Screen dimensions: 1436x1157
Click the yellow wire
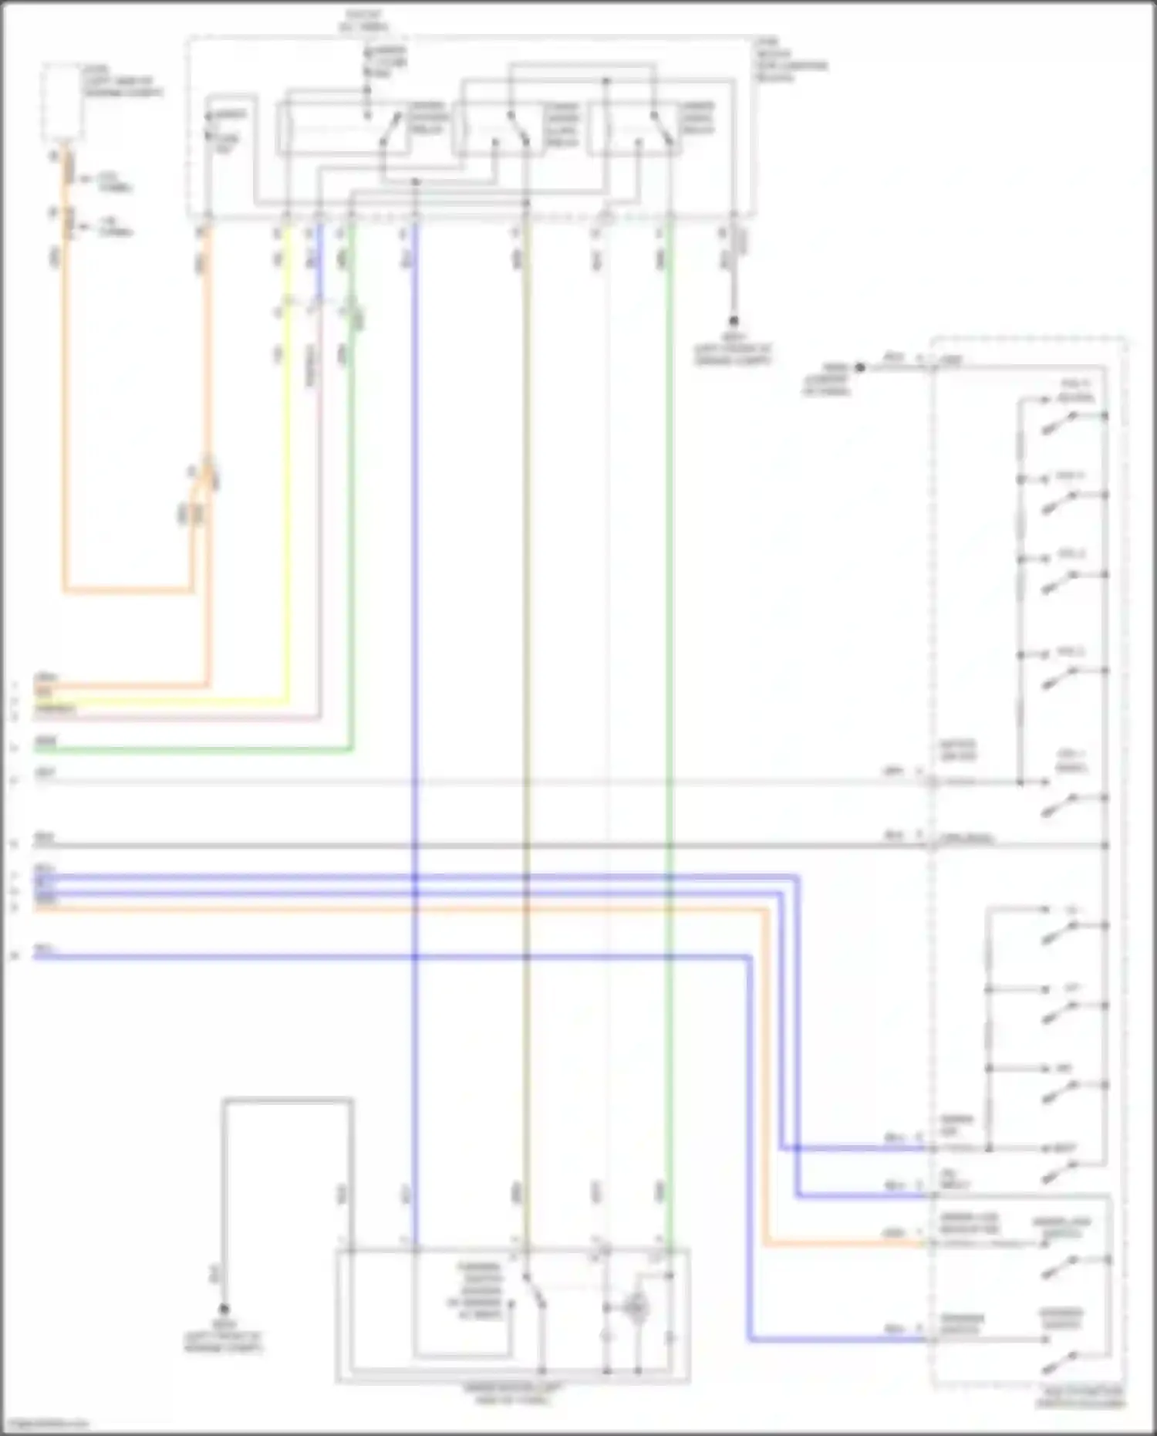pos(288,502)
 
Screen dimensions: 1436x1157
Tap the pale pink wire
pos(319,540)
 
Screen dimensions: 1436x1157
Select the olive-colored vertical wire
pos(527,617)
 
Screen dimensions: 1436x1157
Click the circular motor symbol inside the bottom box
pos(636,1307)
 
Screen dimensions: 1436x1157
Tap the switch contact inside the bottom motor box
pos(534,1292)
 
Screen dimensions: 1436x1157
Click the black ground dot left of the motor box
pos(224,1309)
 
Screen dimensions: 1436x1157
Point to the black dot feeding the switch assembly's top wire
pos(861,368)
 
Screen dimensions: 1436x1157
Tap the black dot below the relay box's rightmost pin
pos(734,320)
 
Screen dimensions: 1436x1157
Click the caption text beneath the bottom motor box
pos(513,1393)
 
